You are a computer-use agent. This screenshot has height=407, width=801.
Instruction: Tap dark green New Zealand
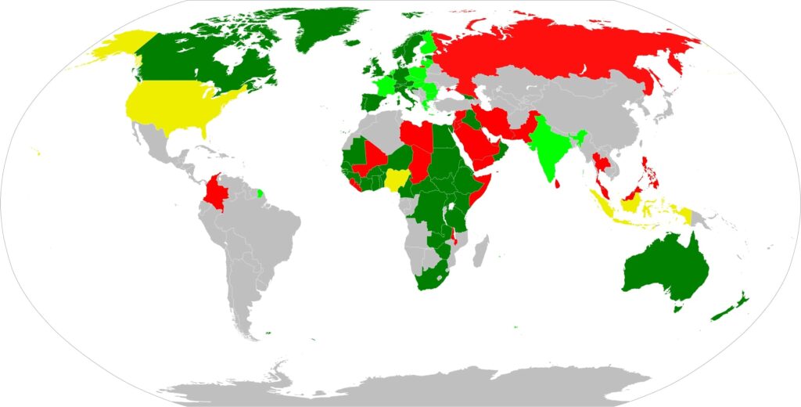[731, 308]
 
